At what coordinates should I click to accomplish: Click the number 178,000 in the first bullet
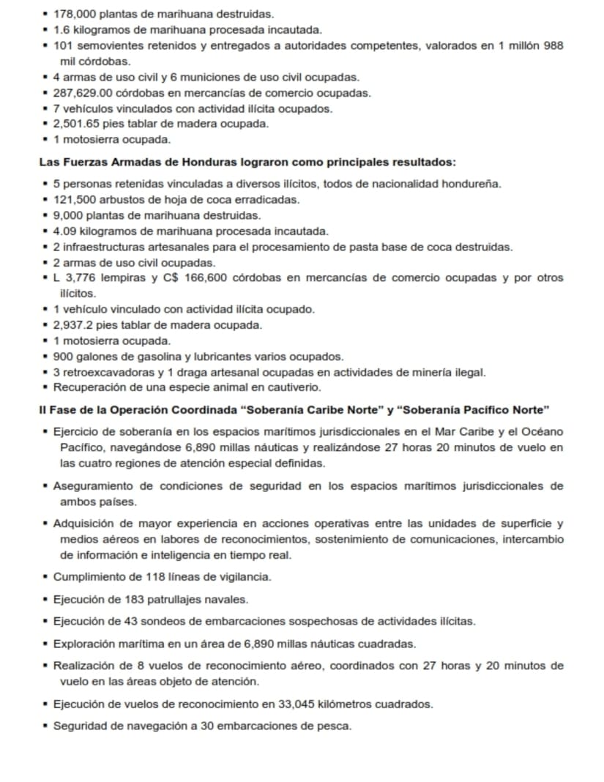72,14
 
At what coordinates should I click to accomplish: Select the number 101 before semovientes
63,46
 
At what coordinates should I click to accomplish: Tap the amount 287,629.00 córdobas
81,93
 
